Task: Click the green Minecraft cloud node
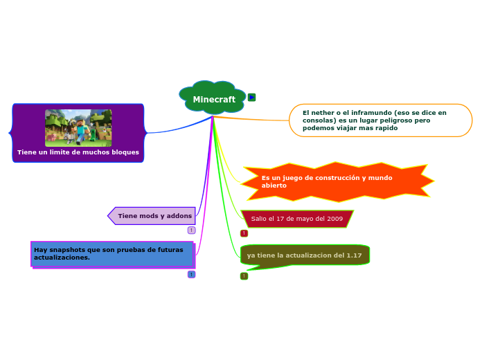pyautogui.click(x=213, y=99)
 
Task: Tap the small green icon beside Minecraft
pyautogui.click(x=251, y=97)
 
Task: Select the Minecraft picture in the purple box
pyautogui.click(x=78, y=127)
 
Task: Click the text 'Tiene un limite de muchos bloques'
pyautogui.click(x=78, y=152)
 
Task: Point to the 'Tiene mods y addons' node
pyautogui.click(x=154, y=216)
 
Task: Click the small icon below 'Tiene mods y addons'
pyautogui.click(x=191, y=230)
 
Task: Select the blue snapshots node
pyautogui.click(x=112, y=253)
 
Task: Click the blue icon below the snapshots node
pyautogui.click(x=191, y=274)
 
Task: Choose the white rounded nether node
pyautogui.click(x=380, y=120)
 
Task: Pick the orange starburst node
pyautogui.click(x=337, y=181)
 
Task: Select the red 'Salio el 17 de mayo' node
pyautogui.click(x=296, y=219)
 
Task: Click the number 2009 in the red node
pyautogui.click(x=334, y=219)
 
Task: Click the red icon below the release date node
pyautogui.click(x=244, y=233)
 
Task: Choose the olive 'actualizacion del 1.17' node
pyautogui.click(x=304, y=255)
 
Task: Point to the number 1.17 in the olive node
pyautogui.click(x=353, y=255)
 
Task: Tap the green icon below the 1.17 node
pyautogui.click(x=244, y=276)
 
